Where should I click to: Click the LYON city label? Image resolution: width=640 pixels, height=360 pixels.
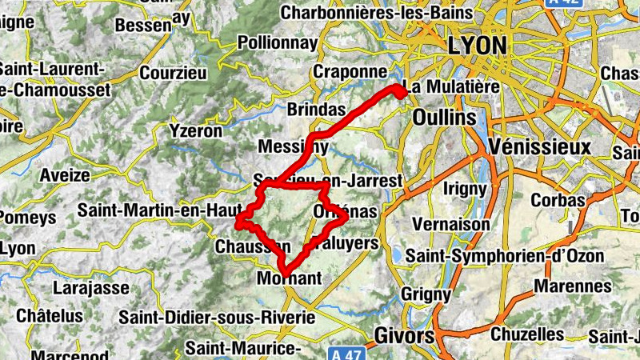(478, 45)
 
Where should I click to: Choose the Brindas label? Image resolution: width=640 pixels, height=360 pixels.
(315, 109)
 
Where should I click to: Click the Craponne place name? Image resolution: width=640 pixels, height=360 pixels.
(350, 71)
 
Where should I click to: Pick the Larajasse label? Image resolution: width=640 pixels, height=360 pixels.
(90, 286)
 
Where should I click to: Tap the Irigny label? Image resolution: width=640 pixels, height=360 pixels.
(464, 189)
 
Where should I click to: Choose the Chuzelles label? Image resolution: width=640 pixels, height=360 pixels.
(527, 333)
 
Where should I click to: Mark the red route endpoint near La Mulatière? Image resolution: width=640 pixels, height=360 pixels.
(398, 90)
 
